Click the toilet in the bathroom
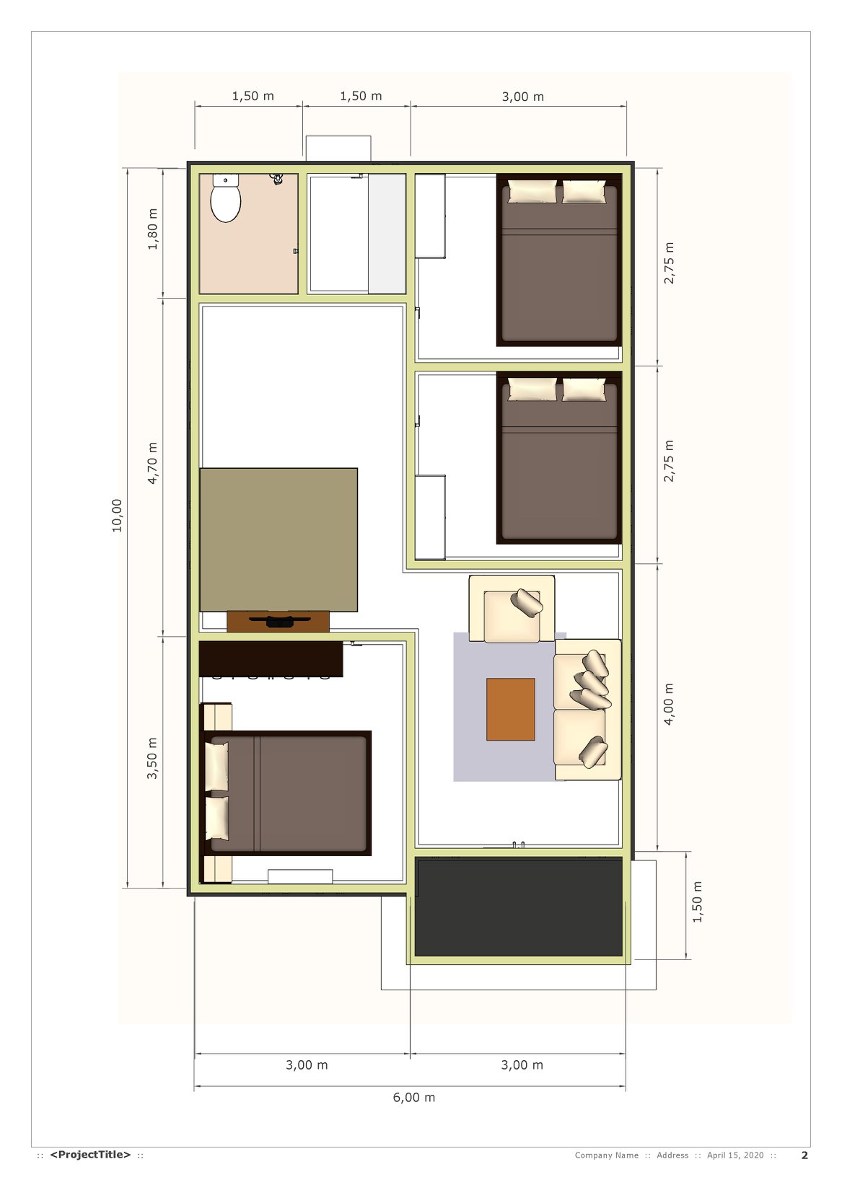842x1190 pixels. pos(226,197)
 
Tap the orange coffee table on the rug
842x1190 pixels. pos(510,709)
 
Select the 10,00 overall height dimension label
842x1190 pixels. pos(116,515)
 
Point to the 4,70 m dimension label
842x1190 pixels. pos(152,463)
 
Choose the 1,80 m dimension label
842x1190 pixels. pos(152,229)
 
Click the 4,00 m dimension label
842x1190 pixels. pos(668,704)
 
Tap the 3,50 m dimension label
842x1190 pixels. pos(152,758)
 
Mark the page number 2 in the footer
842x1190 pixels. pos(804,1155)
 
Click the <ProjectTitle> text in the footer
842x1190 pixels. pos(90,1155)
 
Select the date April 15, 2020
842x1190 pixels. pos(735,1155)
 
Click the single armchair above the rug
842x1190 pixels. pos(512,609)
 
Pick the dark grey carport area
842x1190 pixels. pos(518,908)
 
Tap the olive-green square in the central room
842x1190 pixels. pos(279,539)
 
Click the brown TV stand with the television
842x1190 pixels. pos(278,621)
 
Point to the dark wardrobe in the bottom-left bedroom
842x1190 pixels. pos(271,658)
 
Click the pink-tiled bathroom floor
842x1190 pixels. pos(249,234)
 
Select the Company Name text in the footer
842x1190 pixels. pos(607,1155)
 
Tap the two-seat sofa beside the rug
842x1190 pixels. pos(587,710)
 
